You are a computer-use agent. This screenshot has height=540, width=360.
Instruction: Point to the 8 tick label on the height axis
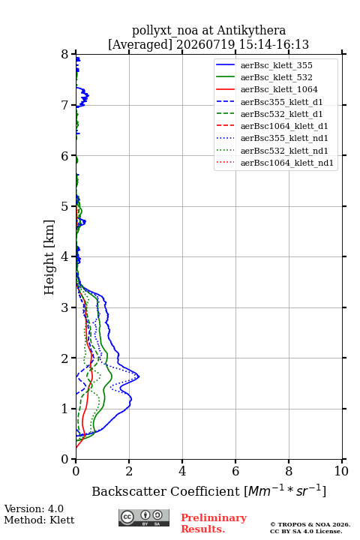coord(65,55)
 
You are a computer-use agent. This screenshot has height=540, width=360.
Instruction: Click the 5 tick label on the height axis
coord(65,206)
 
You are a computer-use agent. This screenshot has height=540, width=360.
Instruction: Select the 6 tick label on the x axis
coord(235,471)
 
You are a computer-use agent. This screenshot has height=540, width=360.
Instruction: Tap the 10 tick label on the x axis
coord(341,471)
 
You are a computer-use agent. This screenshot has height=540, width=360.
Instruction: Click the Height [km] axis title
coord(49,257)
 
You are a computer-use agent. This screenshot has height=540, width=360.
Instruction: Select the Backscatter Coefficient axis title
coord(208,490)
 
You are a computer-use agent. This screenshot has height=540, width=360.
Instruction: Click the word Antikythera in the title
coord(251,30)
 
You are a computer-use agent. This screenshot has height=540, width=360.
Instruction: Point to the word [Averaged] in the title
coord(140,44)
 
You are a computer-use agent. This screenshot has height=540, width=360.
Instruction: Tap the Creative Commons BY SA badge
coord(144,517)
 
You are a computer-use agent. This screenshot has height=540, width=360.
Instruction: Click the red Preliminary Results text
coord(214,523)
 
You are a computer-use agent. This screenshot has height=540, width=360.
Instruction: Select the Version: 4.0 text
coord(34,508)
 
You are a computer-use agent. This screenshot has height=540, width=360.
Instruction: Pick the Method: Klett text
coord(39,520)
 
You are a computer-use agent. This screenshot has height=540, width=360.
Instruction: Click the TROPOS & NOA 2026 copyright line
coord(310,524)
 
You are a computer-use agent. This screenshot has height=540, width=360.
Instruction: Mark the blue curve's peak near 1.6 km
coord(139,376)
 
